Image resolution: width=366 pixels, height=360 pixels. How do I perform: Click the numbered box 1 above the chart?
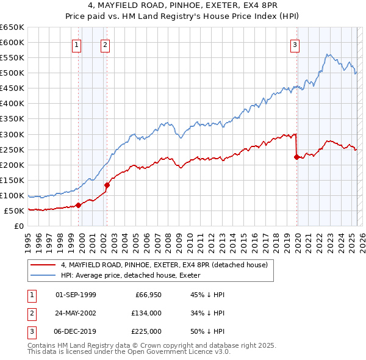[x=77, y=45]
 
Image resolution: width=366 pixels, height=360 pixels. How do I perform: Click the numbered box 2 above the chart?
[x=105, y=45]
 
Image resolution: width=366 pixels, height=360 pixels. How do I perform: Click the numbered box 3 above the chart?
[x=295, y=45]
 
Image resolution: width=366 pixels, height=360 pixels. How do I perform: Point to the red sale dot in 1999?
[x=78, y=205]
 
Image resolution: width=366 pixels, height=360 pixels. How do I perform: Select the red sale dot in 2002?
[x=107, y=185]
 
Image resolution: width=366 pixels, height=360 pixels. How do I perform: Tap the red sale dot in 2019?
[x=296, y=157]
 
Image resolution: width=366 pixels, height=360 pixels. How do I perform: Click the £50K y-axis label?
[x=15, y=211]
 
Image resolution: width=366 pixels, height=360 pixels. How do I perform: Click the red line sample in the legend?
[x=43, y=265]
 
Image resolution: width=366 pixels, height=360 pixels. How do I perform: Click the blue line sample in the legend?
[x=43, y=276]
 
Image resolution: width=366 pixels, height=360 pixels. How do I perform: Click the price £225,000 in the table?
[x=146, y=331]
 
